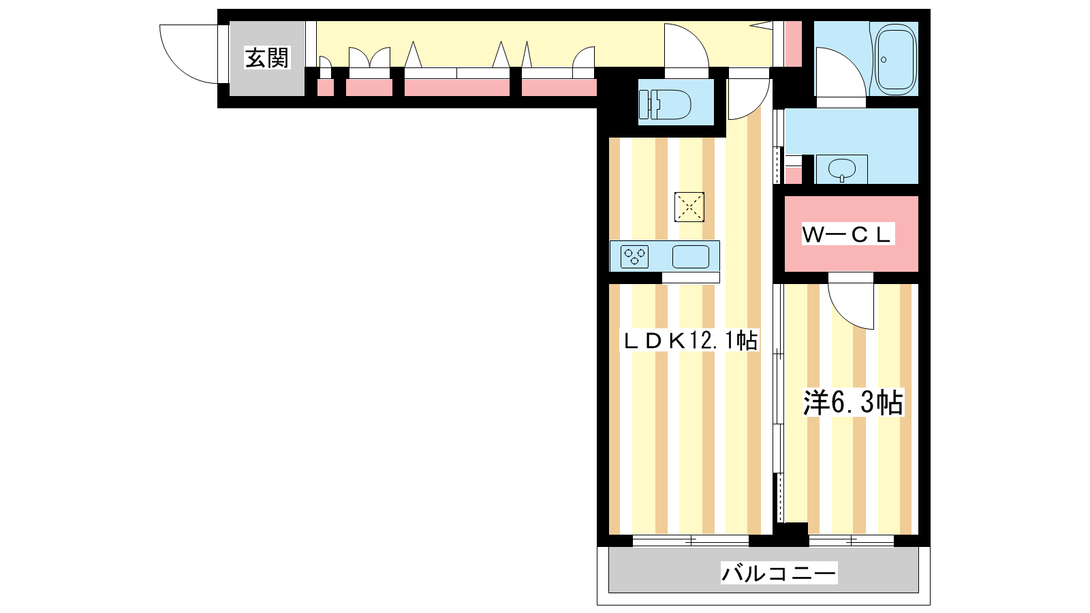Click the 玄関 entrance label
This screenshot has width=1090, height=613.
(267, 58)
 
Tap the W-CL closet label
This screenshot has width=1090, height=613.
(847, 234)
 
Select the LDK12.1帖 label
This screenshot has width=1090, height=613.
(691, 340)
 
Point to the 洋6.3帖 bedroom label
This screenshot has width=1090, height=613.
(853, 403)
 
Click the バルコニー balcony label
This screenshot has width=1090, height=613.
(779, 573)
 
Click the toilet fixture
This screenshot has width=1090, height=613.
(665, 104)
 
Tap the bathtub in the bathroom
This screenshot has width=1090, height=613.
(896, 59)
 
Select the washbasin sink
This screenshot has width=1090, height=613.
(842, 170)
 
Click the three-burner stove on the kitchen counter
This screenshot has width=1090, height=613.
(634, 256)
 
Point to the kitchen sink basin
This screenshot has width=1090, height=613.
(691, 256)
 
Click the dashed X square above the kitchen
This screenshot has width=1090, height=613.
(689, 207)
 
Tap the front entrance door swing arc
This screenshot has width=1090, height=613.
(189, 54)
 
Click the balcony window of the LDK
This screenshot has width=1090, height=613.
(691, 541)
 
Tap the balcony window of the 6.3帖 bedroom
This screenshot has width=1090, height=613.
(852, 541)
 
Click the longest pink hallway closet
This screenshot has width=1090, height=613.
(457, 88)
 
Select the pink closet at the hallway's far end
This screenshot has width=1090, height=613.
(793, 44)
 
